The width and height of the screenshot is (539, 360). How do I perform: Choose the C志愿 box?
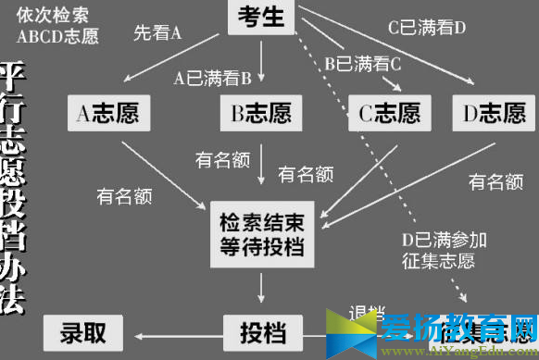click(389, 114)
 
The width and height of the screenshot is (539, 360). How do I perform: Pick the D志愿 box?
click(493, 114)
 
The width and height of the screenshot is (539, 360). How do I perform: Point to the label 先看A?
click(157, 34)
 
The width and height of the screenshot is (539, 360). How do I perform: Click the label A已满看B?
click(213, 79)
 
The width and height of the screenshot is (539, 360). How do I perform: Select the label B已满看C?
click(362, 65)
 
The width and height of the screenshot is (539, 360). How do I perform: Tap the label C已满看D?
click(427, 28)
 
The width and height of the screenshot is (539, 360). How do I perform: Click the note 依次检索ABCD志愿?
click(57, 27)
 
